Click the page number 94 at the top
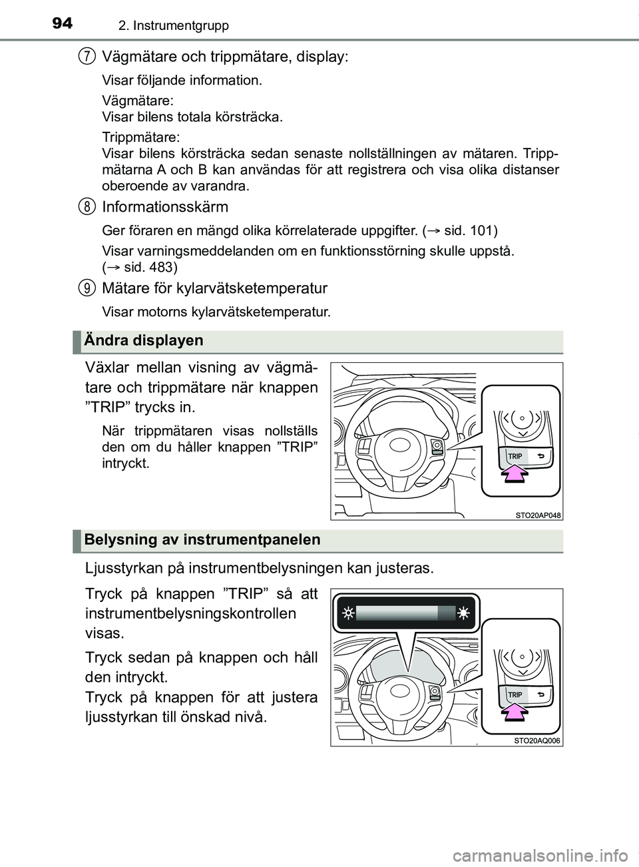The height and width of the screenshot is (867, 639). click(x=62, y=23)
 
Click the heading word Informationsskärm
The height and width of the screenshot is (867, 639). click(x=165, y=206)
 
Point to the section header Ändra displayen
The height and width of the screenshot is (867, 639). click(x=144, y=340)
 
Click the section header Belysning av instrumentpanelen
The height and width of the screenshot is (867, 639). click(x=202, y=540)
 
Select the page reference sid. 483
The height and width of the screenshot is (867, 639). click(x=149, y=268)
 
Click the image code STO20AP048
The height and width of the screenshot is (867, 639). click(x=538, y=515)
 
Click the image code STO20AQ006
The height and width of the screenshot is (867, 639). click(x=538, y=740)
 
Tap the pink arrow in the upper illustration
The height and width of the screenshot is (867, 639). click(x=513, y=473)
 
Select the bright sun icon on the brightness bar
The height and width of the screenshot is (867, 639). click(x=463, y=613)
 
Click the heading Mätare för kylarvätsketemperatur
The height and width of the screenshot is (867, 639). click(x=214, y=288)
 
